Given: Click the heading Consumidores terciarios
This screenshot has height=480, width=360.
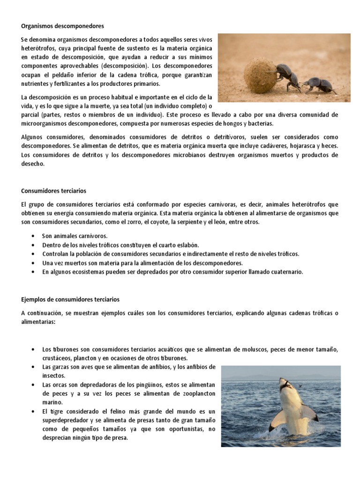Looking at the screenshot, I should [53, 191].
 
